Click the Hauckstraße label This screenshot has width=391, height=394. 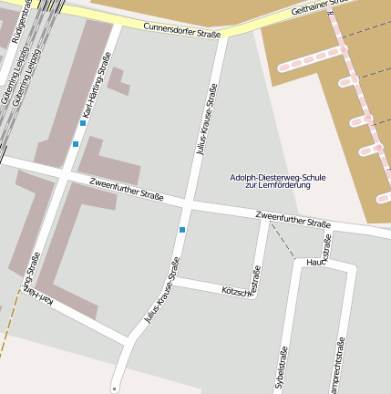(x=317, y=263)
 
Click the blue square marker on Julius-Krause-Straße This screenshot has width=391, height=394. (x=182, y=230)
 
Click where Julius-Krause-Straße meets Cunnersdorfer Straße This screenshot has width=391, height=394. (x=225, y=35)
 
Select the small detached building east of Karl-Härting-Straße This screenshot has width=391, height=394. (x=118, y=79)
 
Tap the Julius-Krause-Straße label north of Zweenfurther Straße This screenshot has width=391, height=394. (x=207, y=120)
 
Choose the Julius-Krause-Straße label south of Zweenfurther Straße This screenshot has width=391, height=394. (x=162, y=290)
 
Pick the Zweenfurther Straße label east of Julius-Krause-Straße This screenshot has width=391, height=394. (x=293, y=219)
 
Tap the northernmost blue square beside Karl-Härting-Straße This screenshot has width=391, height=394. (x=83, y=123)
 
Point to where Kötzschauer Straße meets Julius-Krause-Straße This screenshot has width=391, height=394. (x=173, y=280)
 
